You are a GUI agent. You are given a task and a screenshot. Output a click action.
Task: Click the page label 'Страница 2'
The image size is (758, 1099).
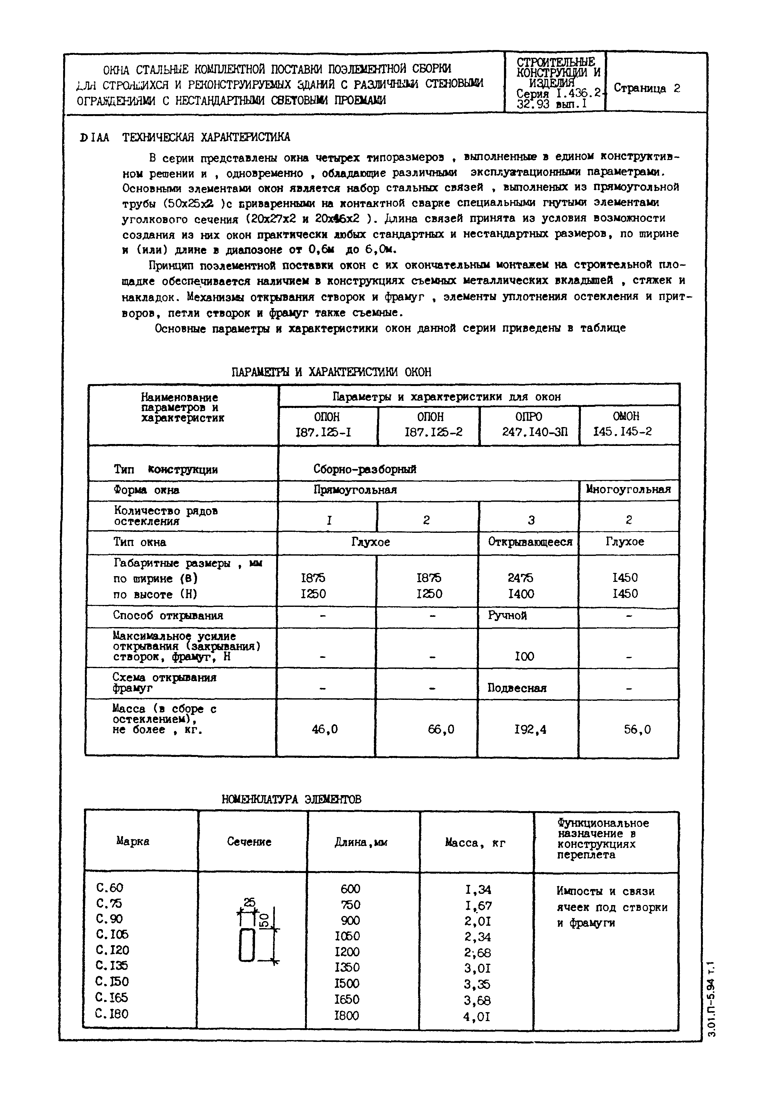click(x=647, y=88)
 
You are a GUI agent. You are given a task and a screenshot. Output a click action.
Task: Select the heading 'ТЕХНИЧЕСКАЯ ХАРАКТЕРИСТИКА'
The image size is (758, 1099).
click(x=206, y=138)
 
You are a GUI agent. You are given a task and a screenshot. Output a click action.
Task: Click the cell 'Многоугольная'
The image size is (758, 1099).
click(x=628, y=490)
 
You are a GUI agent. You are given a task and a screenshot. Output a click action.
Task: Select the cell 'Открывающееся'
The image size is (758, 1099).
click(x=530, y=542)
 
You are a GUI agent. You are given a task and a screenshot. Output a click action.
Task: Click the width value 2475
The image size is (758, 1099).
click(x=521, y=578)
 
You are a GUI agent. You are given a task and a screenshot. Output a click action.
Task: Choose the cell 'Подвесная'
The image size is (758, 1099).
click(x=517, y=688)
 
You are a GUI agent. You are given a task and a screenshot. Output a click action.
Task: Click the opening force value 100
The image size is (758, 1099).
click(x=524, y=657)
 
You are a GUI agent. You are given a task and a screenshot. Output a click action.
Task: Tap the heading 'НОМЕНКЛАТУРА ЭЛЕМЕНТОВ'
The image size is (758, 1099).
click(x=291, y=800)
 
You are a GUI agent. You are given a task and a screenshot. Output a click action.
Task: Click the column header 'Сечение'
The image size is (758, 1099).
click(x=249, y=842)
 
